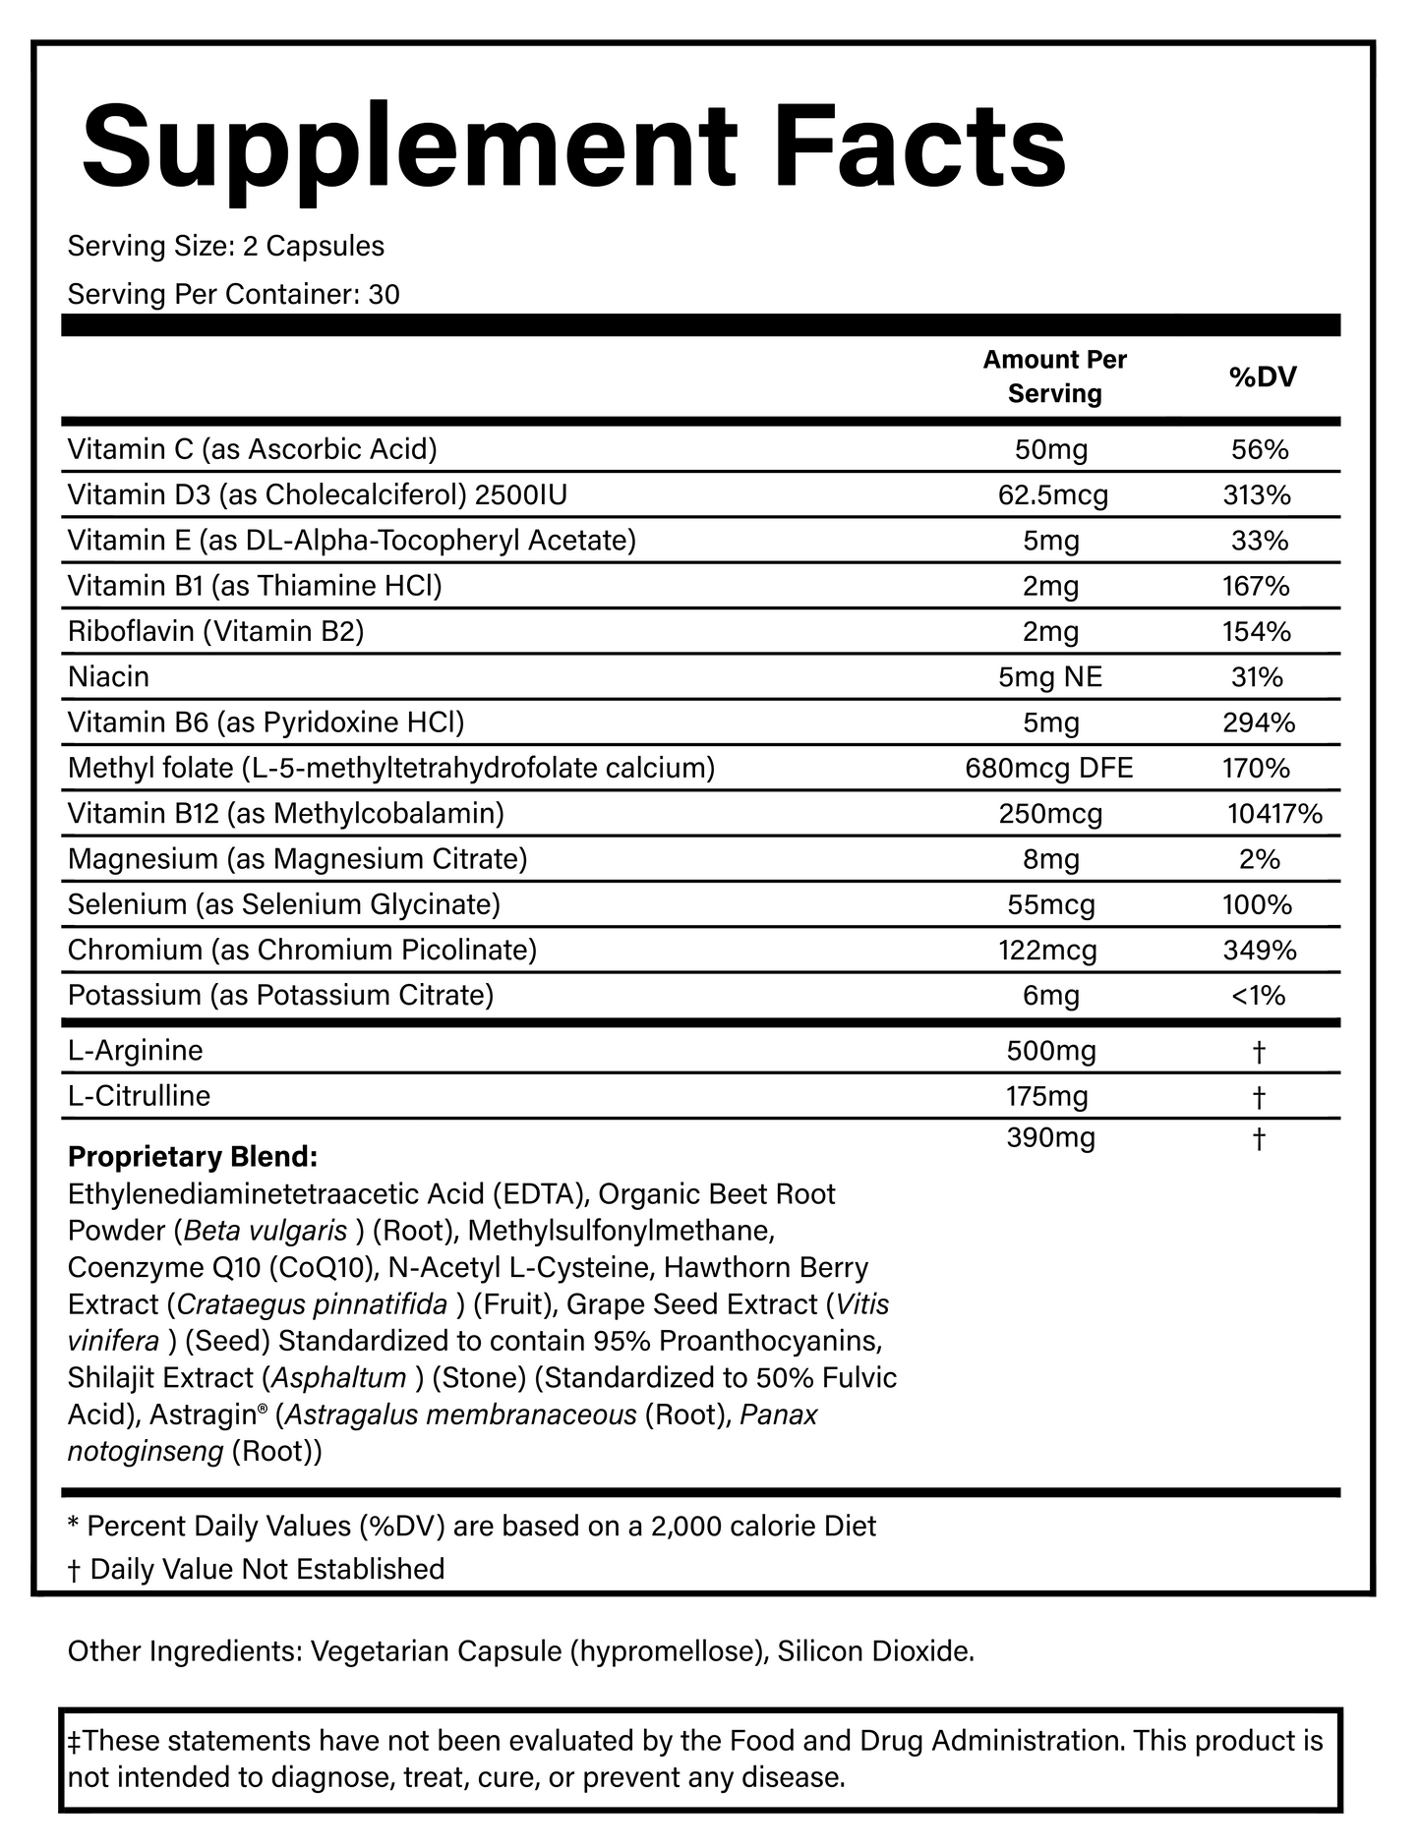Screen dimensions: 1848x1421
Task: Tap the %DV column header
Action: tap(1263, 376)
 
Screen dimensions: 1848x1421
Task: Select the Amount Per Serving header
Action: tap(1054, 376)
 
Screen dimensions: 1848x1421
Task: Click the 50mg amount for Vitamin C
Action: tap(1051, 450)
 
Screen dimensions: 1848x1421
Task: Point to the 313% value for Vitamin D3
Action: tap(1257, 495)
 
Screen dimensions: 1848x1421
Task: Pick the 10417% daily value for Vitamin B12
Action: tap(1274, 814)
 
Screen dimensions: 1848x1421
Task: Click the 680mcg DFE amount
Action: tap(1049, 768)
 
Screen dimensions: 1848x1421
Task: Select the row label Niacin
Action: tap(108, 677)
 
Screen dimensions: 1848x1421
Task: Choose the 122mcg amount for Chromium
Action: tap(1051, 951)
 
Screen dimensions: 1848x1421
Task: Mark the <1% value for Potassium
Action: tap(1258, 996)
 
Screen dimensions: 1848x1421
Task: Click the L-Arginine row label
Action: tap(135, 1051)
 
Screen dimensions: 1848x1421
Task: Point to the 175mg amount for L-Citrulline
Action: tap(1047, 1096)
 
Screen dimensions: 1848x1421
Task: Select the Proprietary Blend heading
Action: tap(193, 1157)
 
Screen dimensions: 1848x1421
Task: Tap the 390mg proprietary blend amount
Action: tap(1050, 1139)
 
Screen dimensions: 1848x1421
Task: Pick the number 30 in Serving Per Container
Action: tap(384, 295)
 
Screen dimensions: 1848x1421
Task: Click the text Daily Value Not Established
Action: tap(266, 1569)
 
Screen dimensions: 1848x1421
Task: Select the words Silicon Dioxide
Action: tap(874, 1651)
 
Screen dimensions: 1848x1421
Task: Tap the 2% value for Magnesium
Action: tap(1260, 860)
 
